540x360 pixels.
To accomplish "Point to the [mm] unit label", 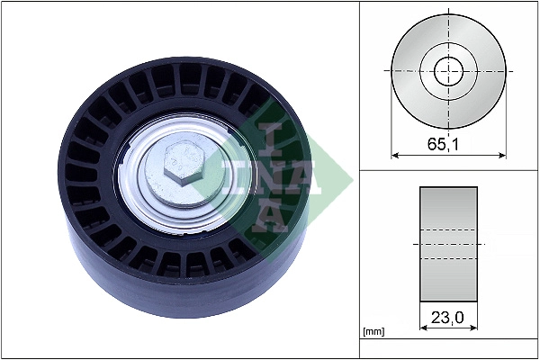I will pos(373,331).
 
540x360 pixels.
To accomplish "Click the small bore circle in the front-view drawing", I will pos(448,70).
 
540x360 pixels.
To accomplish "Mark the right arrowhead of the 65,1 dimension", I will pos(501,154).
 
